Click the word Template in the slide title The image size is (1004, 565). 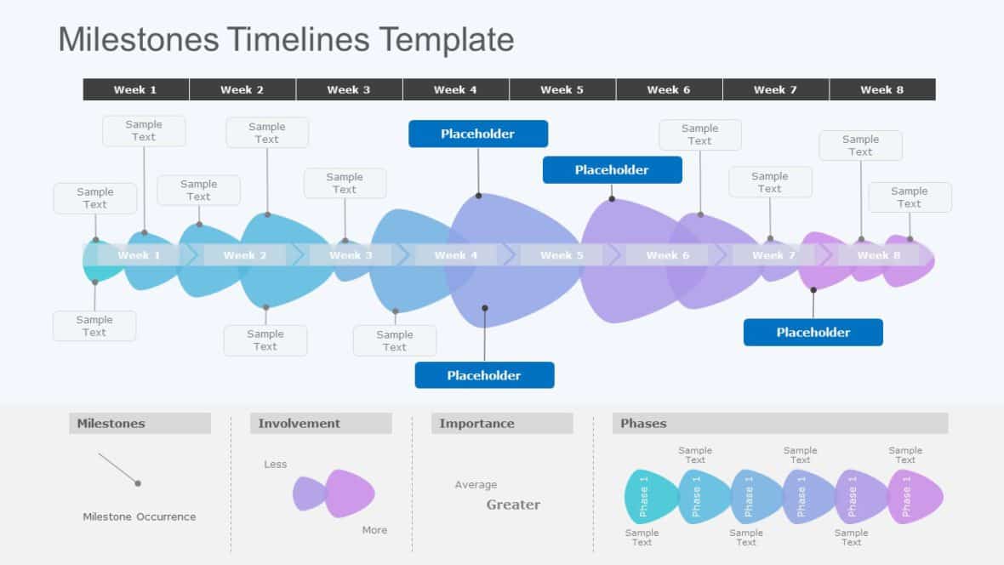click(x=446, y=40)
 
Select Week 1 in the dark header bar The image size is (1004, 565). click(x=135, y=89)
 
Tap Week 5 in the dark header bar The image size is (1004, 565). click(x=562, y=89)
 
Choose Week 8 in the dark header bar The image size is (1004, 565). click(x=882, y=89)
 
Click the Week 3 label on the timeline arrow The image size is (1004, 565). click(x=351, y=255)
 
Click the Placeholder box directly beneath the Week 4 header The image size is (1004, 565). click(x=478, y=134)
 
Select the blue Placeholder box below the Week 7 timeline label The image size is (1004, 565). click(x=813, y=332)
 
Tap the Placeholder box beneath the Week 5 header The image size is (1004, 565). click(x=612, y=170)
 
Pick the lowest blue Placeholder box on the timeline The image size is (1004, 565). click(x=484, y=375)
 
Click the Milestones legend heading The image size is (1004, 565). click(x=111, y=424)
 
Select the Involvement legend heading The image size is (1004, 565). click(x=299, y=424)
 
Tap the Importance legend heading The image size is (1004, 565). click(x=476, y=424)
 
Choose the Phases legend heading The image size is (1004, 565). click(x=643, y=424)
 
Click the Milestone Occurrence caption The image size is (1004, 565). click(x=139, y=516)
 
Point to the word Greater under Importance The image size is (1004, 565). click(x=513, y=505)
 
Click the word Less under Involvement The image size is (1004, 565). click(x=276, y=465)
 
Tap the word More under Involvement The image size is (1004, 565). click(x=374, y=530)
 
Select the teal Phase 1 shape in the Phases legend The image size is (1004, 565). click(x=648, y=496)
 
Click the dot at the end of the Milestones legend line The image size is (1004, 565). click(x=138, y=483)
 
